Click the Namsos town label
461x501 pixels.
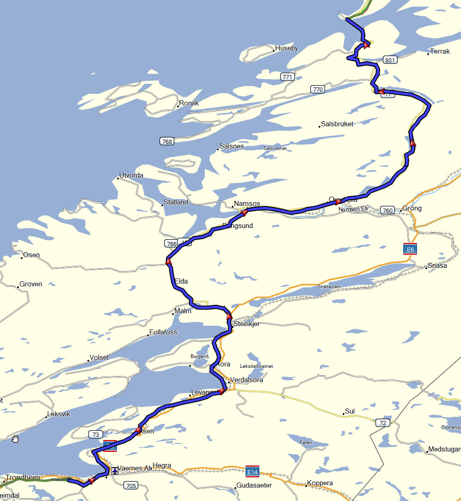(247, 204)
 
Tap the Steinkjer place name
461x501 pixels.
(246, 324)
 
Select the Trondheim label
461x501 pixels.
(23, 477)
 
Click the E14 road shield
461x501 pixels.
(252, 471)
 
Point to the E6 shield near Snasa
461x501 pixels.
(408, 249)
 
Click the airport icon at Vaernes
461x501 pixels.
(115, 471)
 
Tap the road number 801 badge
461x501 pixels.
(390, 60)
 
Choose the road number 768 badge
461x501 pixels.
(167, 141)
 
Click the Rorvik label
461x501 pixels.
(189, 103)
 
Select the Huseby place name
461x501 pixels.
(287, 48)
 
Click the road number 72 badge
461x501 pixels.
(382, 423)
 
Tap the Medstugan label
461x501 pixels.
(444, 449)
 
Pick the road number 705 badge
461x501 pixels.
(131, 485)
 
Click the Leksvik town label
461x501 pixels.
(59, 414)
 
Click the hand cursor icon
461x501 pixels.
(15, 439)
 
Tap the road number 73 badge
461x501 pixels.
(95, 434)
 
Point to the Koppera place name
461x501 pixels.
(320, 483)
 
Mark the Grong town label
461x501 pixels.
(412, 208)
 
